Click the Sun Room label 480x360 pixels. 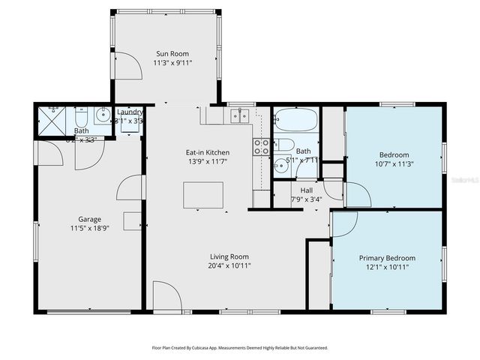[x=172, y=53]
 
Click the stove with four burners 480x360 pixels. [x=261, y=147]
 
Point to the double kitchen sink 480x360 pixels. [x=240, y=115]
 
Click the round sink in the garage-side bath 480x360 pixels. [x=101, y=116]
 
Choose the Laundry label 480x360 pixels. [x=130, y=111]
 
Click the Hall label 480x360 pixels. [x=306, y=190]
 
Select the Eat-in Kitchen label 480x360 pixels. [x=208, y=152]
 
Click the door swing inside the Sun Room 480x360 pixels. [x=130, y=67]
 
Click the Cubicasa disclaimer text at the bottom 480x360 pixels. [x=240, y=348]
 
